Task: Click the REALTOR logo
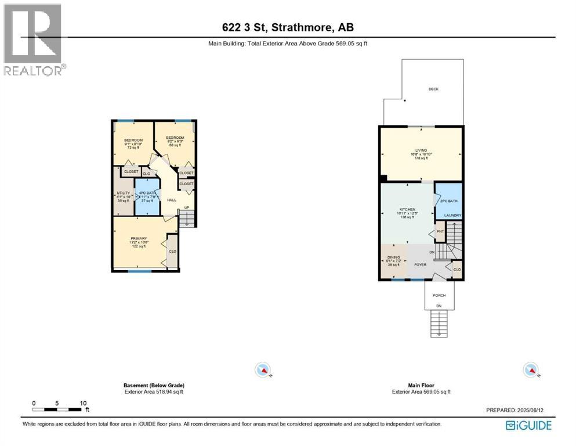click(x=33, y=39)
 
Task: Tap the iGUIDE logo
click(x=528, y=425)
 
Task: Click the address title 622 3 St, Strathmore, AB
click(x=288, y=27)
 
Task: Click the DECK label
click(x=433, y=89)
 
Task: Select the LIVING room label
click(x=421, y=150)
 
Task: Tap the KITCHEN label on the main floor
click(x=407, y=208)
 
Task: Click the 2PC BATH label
click(x=449, y=201)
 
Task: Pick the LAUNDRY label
click(x=452, y=215)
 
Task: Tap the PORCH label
click(x=439, y=296)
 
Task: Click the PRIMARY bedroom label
click(x=139, y=238)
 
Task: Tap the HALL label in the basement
click(x=172, y=200)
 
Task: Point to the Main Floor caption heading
click(x=421, y=385)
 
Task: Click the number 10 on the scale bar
click(x=83, y=403)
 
